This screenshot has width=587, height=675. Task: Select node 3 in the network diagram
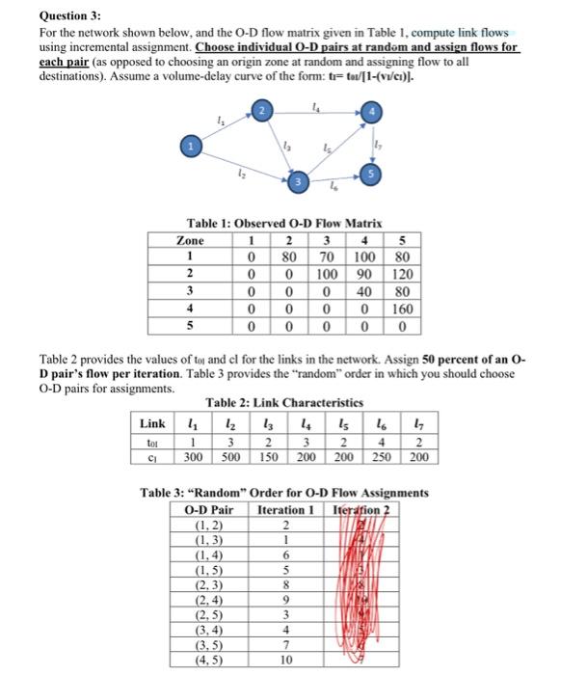click(x=300, y=180)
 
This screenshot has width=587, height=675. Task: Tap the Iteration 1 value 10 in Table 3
click(x=285, y=659)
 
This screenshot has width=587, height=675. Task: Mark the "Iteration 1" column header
click(x=285, y=508)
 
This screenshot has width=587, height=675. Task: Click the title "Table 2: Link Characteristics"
click(x=284, y=402)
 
